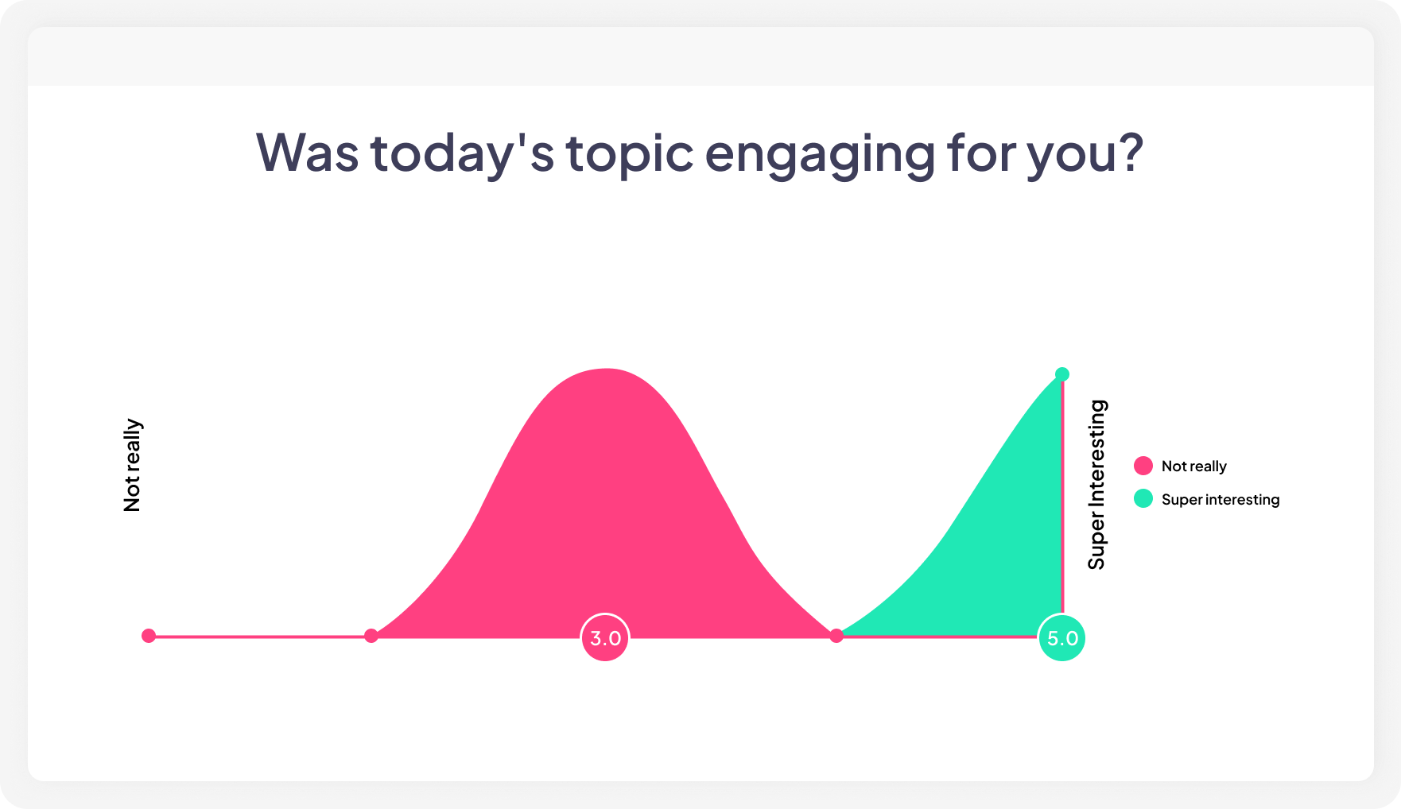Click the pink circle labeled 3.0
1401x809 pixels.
605,637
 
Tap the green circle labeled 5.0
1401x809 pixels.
1061,638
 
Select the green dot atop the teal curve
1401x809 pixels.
1061,374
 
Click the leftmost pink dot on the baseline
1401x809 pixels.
149,636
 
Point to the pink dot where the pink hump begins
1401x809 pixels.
371,636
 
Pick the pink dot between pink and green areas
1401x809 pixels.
836,636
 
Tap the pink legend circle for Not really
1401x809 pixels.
1143,466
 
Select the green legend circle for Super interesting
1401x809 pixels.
1143,499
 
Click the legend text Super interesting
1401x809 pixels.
1220,500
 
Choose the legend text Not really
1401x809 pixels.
1193,466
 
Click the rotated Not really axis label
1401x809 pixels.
132,466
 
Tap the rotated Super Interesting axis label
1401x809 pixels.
1096,485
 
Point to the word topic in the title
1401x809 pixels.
630,153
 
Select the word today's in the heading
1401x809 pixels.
462,153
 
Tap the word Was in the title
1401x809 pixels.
307,153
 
